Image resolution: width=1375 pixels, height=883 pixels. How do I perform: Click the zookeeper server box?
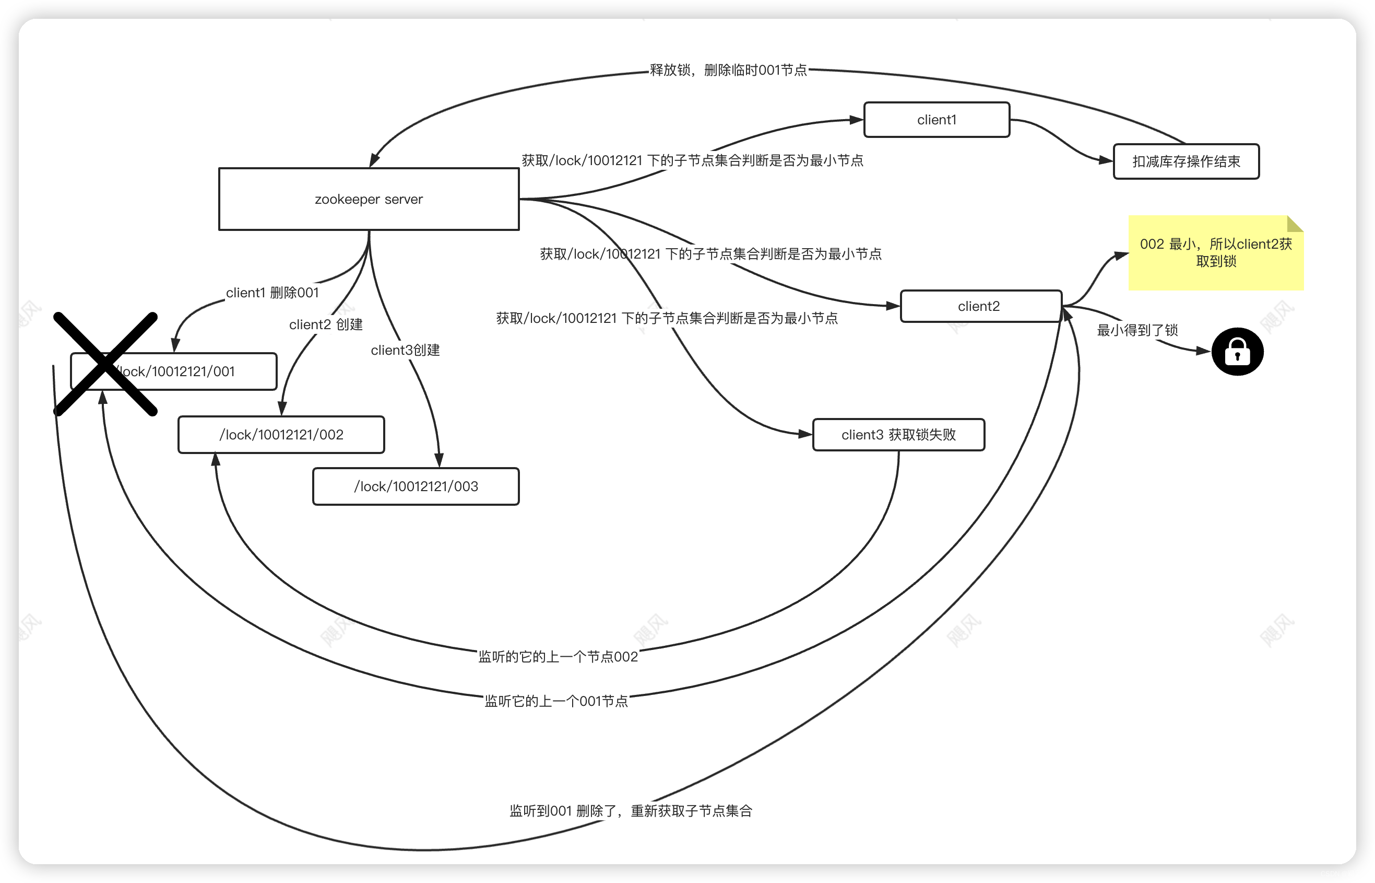pyautogui.click(x=369, y=199)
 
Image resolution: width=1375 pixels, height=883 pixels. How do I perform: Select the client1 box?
pyautogui.click(x=936, y=120)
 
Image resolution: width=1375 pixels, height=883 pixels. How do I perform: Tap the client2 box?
pyautogui.click(x=980, y=306)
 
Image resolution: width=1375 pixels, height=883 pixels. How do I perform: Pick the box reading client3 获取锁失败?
pyautogui.click(x=898, y=435)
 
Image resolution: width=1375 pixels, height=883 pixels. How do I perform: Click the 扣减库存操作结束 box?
pyautogui.click(x=1186, y=161)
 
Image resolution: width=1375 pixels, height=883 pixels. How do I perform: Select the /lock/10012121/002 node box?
pyautogui.click(x=281, y=435)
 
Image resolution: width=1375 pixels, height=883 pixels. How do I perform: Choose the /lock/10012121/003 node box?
pyautogui.click(x=416, y=486)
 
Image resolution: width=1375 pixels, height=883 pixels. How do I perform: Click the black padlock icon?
pyautogui.click(x=1237, y=352)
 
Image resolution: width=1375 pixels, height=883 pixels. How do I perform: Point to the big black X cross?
pyautogui.click(x=105, y=364)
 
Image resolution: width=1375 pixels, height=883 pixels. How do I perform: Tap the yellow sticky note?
pyautogui.click(x=1215, y=253)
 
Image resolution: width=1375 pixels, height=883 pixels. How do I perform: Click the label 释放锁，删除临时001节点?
pyautogui.click(x=728, y=70)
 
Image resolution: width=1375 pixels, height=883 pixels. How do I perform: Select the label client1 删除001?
pyautogui.click(x=272, y=293)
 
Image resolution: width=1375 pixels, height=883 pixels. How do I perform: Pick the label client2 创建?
pyautogui.click(x=325, y=324)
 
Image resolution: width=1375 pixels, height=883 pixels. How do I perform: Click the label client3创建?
pyautogui.click(x=405, y=350)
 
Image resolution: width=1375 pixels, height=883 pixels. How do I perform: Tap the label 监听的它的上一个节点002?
pyautogui.click(x=558, y=657)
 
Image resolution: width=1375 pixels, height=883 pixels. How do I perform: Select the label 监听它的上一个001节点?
pyautogui.click(x=556, y=701)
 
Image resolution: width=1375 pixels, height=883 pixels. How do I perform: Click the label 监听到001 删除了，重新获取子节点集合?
pyautogui.click(x=630, y=811)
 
